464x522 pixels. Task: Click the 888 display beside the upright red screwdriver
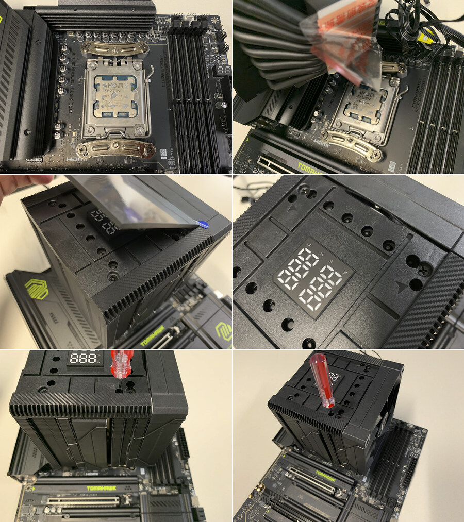82,358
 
